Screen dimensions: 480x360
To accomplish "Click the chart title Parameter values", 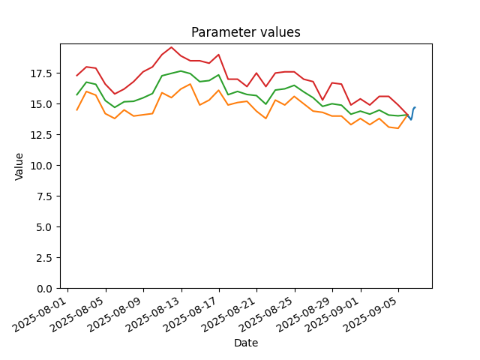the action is point(246,32).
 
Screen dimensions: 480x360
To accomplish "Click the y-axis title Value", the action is point(19,166).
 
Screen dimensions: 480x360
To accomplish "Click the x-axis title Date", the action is point(246,343).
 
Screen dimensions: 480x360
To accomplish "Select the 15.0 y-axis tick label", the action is point(43,104).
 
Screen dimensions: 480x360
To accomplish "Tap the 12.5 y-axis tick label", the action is point(43,135).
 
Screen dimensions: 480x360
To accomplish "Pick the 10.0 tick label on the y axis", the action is point(43,165).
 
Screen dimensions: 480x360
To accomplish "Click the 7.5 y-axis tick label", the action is point(46,196).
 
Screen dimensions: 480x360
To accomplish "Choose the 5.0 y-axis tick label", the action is point(46,226).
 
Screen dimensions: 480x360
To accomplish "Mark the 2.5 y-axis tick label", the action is point(46,258).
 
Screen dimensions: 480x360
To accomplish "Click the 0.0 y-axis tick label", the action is point(46,288).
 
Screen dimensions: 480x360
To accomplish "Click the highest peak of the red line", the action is point(172,47).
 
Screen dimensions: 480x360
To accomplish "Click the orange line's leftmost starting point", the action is point(76,110).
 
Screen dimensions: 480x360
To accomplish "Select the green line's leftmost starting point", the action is point(76,95).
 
